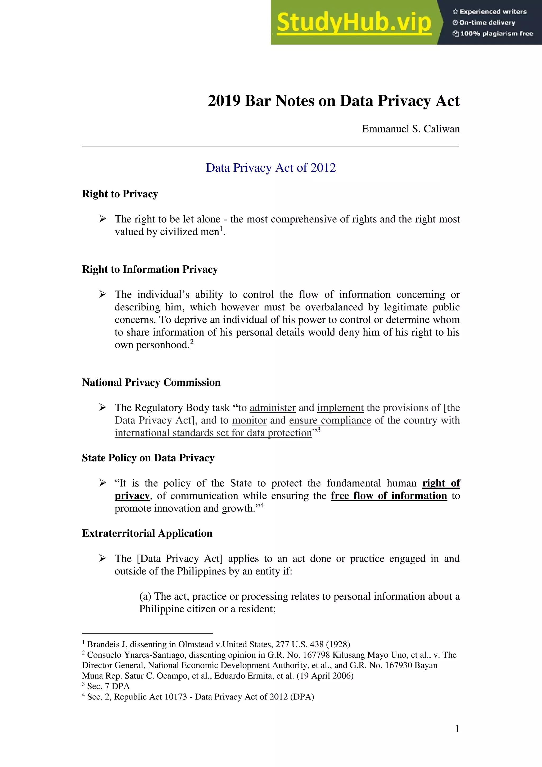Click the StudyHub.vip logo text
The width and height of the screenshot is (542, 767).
click(x=354, y=23)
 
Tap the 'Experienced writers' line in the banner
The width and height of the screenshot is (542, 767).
click(x=490, y=12)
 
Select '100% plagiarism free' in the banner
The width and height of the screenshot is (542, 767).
click(x=493, y=33)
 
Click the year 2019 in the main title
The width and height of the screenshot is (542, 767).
click(x=224, y=101)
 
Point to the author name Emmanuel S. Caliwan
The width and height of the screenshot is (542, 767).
click(x=410, y=129)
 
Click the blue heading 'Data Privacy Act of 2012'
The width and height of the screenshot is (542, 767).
click(x=271, y=168)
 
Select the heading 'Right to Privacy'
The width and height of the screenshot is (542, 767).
click(x=120, y=194)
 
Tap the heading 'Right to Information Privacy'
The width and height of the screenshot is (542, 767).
click(x=150, y=270)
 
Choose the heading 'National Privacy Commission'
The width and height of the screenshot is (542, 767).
click(x=151, y=382)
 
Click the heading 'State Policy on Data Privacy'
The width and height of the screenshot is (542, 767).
click(x=148, y=458)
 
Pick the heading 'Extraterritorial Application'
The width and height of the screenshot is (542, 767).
click(x=147, y=533)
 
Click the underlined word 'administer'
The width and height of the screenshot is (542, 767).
click(x=272, y=408)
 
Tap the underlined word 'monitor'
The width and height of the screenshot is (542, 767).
click(x=249, y=421)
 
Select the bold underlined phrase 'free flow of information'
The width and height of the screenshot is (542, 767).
click(x=389, y=496)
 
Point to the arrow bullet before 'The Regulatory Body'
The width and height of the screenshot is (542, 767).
click(x=102, y=408)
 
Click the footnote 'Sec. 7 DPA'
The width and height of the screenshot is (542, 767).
click(x=108, y=686)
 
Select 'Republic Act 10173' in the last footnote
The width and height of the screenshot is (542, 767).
click(x=151, y=697)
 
